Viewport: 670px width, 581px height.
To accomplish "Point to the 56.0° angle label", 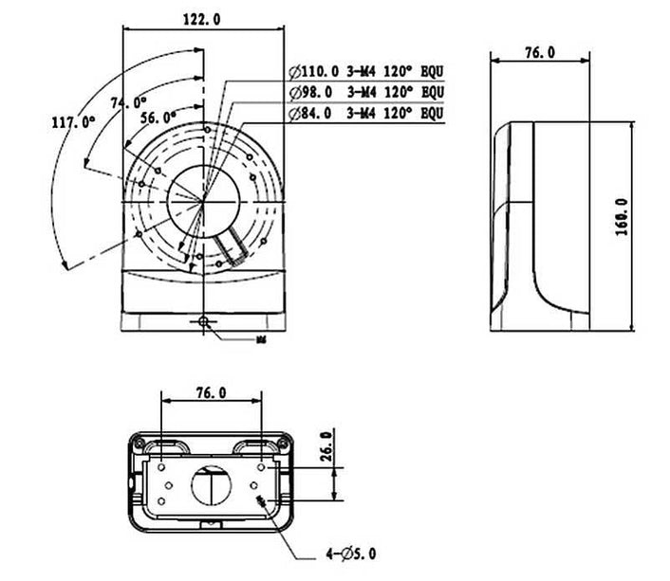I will coord(158,117).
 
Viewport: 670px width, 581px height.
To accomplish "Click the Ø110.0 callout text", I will coord(313,71).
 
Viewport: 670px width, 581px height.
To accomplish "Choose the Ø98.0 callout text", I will coord(310,92).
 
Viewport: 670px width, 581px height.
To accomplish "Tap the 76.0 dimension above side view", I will coord(539,53).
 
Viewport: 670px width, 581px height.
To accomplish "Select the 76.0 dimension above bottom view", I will coord(211,392).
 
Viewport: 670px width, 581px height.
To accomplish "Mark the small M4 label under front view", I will coord(260,336).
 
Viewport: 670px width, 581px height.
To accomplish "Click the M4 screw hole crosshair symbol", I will coord(204,322).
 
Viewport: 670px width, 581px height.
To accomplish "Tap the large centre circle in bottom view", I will coord(212,486).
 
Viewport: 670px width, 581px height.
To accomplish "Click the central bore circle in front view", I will coord(203,198).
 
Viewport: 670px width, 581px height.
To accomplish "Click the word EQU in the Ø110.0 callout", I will coord(432,71).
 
